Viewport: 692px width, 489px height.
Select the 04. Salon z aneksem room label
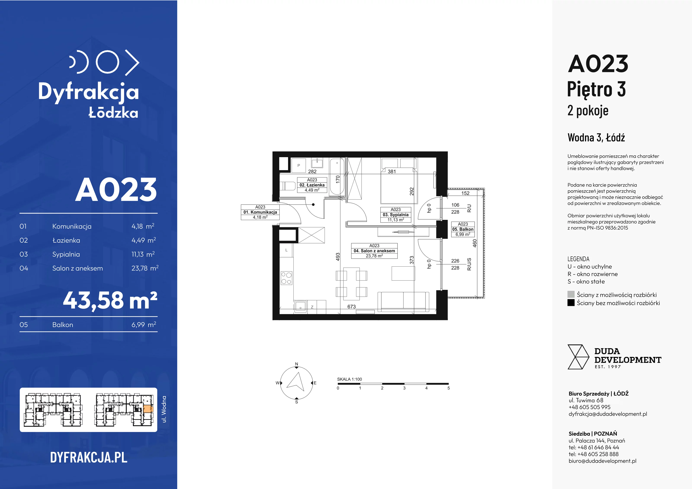[x=374, y=251]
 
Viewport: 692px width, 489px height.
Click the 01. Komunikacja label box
[x=260, y=212]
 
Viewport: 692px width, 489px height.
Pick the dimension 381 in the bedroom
[x=392, y=171]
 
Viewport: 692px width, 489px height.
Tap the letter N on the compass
[x=296, y=364]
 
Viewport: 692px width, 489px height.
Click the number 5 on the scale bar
[x=449, y=388]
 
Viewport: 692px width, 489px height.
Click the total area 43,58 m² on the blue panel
[x=110, y=300]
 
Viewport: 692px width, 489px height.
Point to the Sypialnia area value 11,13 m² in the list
[x=143, y=254]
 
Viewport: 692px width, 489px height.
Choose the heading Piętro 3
[x=596, y=89]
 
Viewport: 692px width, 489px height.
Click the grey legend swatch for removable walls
[x=571, y=294]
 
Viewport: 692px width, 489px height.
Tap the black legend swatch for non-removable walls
[x=571, y=303]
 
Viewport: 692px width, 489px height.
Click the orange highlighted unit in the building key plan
[x=148, y=409]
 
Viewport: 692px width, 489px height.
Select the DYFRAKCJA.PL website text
[x=89, y=458]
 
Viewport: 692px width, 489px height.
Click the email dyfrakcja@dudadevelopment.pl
[x=608, y=414]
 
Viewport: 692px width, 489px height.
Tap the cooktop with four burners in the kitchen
[x=286, y=278]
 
